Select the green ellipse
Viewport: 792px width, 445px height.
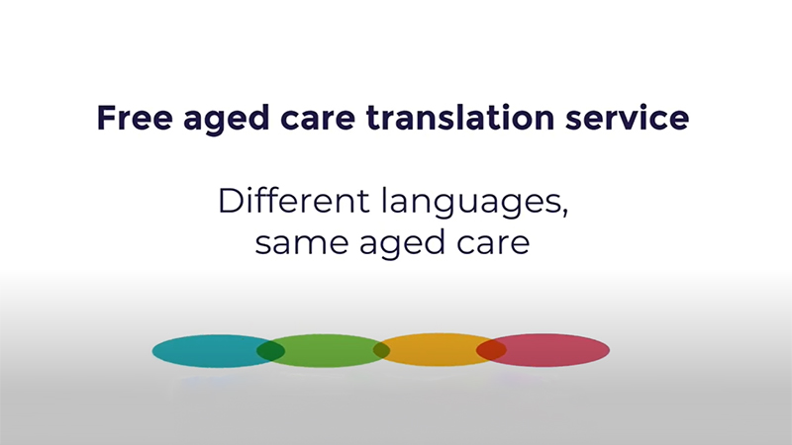click(328, 350)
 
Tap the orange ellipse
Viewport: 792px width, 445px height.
click(432, 350)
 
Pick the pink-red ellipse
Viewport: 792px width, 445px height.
click(554, 350)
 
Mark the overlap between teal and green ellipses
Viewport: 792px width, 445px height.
click(271, 350)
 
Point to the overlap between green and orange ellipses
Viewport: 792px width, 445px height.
click(381, 350)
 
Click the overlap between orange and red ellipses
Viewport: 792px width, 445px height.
click(491, 350)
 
